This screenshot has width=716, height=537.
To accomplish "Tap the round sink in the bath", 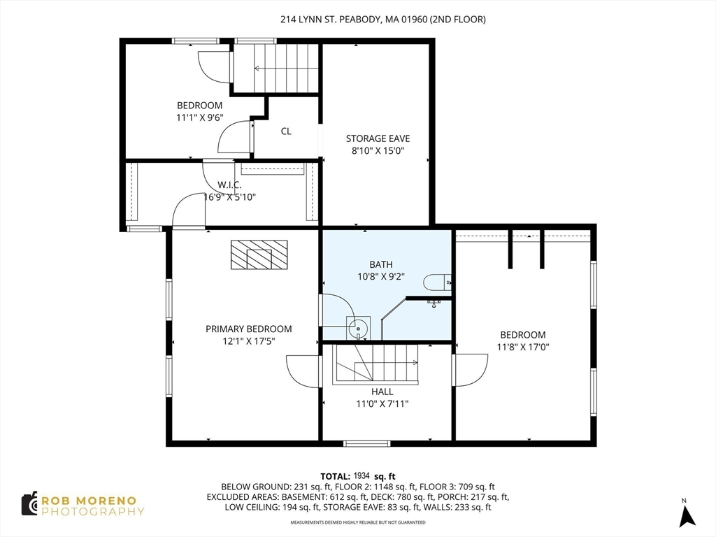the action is tap(358, 328).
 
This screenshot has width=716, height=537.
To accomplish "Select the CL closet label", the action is tap(286, 131).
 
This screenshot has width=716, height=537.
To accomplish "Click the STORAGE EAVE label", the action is tap(378, 138).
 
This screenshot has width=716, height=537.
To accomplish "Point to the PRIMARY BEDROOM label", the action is tap(248, 329).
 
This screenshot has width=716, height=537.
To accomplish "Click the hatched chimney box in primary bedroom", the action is tap(259, 255).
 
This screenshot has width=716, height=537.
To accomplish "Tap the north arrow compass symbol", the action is tap(687, 516).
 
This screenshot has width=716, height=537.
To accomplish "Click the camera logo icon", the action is tap(29, 504).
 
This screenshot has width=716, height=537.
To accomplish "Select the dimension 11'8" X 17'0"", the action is tap(523, 347).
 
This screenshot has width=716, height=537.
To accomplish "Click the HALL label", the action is tap(382, 392).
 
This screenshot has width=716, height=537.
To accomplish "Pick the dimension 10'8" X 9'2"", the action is tap(381, 276).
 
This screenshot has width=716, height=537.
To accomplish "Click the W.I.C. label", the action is tap(229, 185).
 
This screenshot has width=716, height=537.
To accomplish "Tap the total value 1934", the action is tap(361, 476).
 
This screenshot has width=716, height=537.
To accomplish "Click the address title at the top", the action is tap(383, 19).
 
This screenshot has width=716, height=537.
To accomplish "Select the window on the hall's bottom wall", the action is tap(366, 443).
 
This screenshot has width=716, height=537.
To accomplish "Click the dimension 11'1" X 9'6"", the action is tap(199, 117).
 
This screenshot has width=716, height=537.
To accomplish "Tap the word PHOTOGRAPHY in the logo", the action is tap(93, 511).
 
